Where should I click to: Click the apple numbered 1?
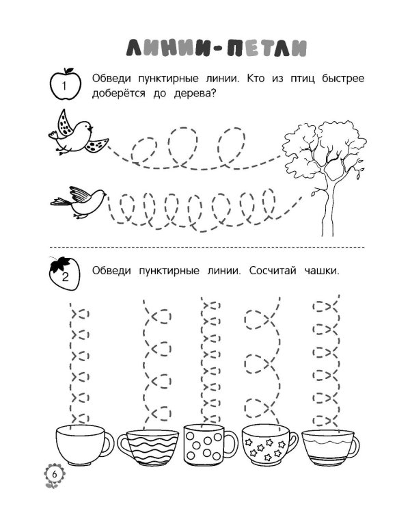pyautogui.click(x=65, y=84)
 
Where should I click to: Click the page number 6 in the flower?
pyautogui.click(x=54, y=475)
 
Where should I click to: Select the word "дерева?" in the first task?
pyautogui.click(x=195, y=94)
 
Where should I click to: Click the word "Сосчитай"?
pyautogui.click(x=273, y=271)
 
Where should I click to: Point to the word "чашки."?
pyautogui.click(x=322, y=271)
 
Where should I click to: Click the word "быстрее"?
pyautogui.click(x=342, y=79)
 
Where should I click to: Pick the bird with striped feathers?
pyautogui.click(x=79, y=202)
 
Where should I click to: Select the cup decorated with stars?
pyautogui.click(x=269, y=446)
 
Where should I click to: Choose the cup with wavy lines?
pyautogui.click(x=148, y=447)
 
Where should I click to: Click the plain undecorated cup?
pyautogui.click(x=84, y=445)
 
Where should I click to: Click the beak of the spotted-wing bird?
pyautogui.click(x=91, y=128)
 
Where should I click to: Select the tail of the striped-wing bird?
pyautogui.click(x=60, y=202)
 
